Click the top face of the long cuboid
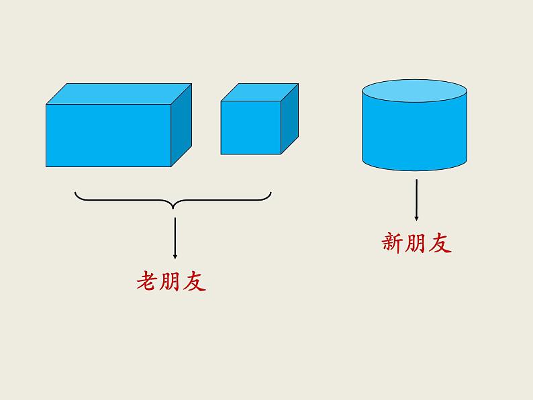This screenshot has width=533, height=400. [x=119, y=94]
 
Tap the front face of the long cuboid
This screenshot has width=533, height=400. [x=108, y=136]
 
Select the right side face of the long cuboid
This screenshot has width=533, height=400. [x=181, y=125]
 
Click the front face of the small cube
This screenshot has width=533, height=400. [x=250, y=128]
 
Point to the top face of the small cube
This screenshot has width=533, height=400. [x=260, y=92]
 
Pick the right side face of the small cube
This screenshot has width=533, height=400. [x=289, y=118]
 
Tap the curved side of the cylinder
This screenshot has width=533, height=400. [x=414, y=134]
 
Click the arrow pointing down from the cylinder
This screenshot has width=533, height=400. [x=416, y=199]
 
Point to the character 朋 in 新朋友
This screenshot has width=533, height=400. [x=416, y=243]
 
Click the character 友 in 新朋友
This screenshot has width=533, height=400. [x=440, y=243]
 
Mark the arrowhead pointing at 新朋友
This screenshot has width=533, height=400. [x=416, y=217]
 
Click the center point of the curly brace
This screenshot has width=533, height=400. [x=173, y=204]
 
